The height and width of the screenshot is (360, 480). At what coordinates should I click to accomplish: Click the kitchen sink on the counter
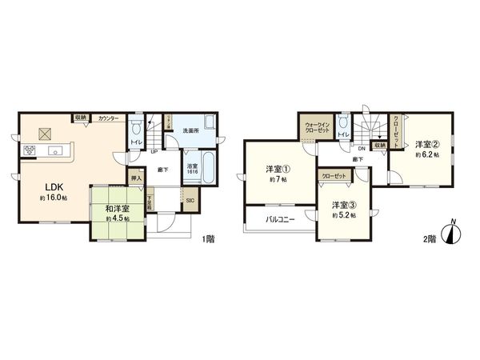(x=57, y=150)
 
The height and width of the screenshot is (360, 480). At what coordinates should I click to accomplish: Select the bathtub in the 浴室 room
(x=204, y=170)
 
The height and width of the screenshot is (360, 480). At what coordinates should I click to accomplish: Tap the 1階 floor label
(x=210, y=238)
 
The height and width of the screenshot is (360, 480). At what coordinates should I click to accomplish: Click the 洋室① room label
(x=278, y=169)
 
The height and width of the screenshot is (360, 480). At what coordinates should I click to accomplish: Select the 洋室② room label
(x=428, y=145)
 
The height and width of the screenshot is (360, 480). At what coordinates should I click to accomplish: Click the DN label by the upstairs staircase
(x=362, y=148)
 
